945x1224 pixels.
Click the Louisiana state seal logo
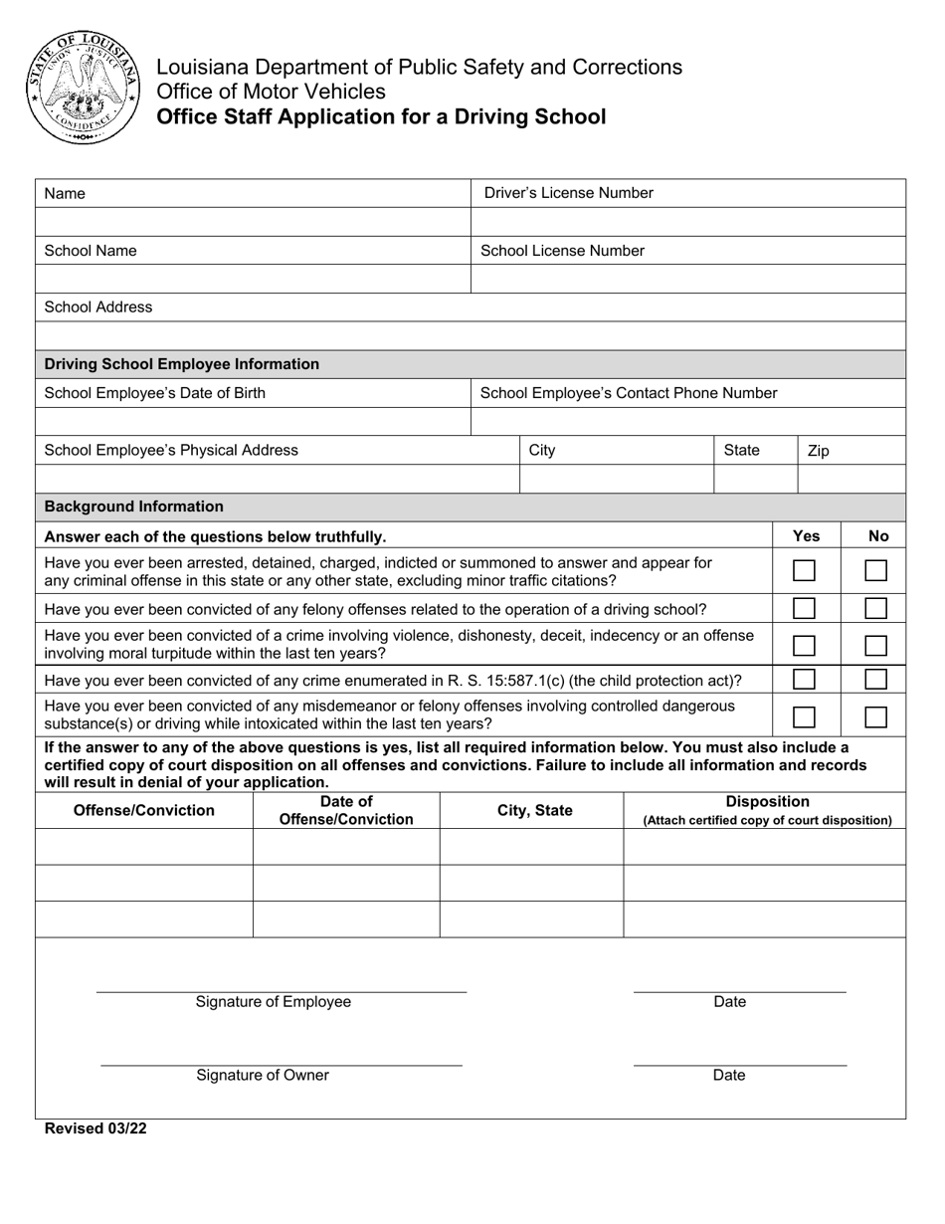coord(84,87)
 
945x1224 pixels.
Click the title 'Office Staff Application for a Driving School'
coord(381,117)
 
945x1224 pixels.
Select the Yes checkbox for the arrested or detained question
coord(804,571)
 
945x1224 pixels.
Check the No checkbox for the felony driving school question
coord(875,608)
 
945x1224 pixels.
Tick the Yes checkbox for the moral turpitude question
coord(804,645)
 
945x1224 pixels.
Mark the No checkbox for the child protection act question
coord(875,680)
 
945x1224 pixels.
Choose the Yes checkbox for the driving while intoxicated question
coord(804,716)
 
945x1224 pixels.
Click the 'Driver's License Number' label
coord(568,193)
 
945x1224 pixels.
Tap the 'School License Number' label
coord(562,251)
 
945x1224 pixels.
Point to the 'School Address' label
coord(98,306)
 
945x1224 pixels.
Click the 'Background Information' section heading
coord(134,507)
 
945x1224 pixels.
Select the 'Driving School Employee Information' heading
coord(182,364)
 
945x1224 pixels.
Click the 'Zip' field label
coord(818,451)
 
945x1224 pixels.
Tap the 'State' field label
coord(741,450)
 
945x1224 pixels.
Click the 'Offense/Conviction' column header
coord(144,810)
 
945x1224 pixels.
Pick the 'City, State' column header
coord(535,810)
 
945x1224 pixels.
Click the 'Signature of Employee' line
coord(281,991)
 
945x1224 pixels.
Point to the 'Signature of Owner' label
coord(263,1075)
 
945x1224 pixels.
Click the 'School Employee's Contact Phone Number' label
coord(629,393)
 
